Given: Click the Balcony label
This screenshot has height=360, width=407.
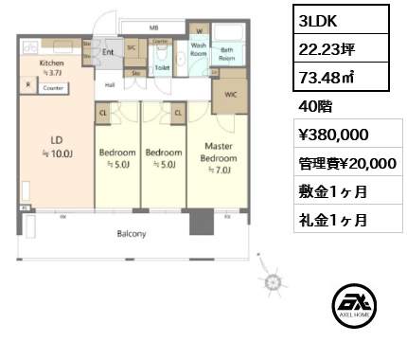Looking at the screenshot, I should click(x=131, y=233).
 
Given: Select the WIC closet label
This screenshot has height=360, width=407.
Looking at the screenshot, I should click(x=230, y=95).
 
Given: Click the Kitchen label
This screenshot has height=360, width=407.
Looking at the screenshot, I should click(x=51, y=63).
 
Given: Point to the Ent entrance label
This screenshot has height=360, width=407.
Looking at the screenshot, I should click(x=108, y=53).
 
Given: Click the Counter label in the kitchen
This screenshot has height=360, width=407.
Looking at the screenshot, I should click(x=53, y=88).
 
